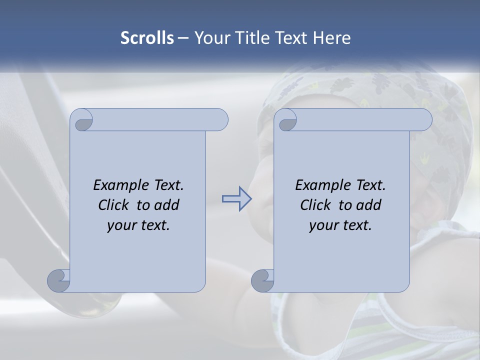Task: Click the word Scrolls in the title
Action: [x=147, y=38]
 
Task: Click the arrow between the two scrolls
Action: [x=236, y=199]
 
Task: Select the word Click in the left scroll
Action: [x=113, y=205]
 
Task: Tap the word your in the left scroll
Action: [x=121, y=225]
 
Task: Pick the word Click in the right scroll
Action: [x=315, y=205]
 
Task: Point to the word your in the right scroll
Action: [x=323, y=225]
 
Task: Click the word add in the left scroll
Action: [x=167, y=205]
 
